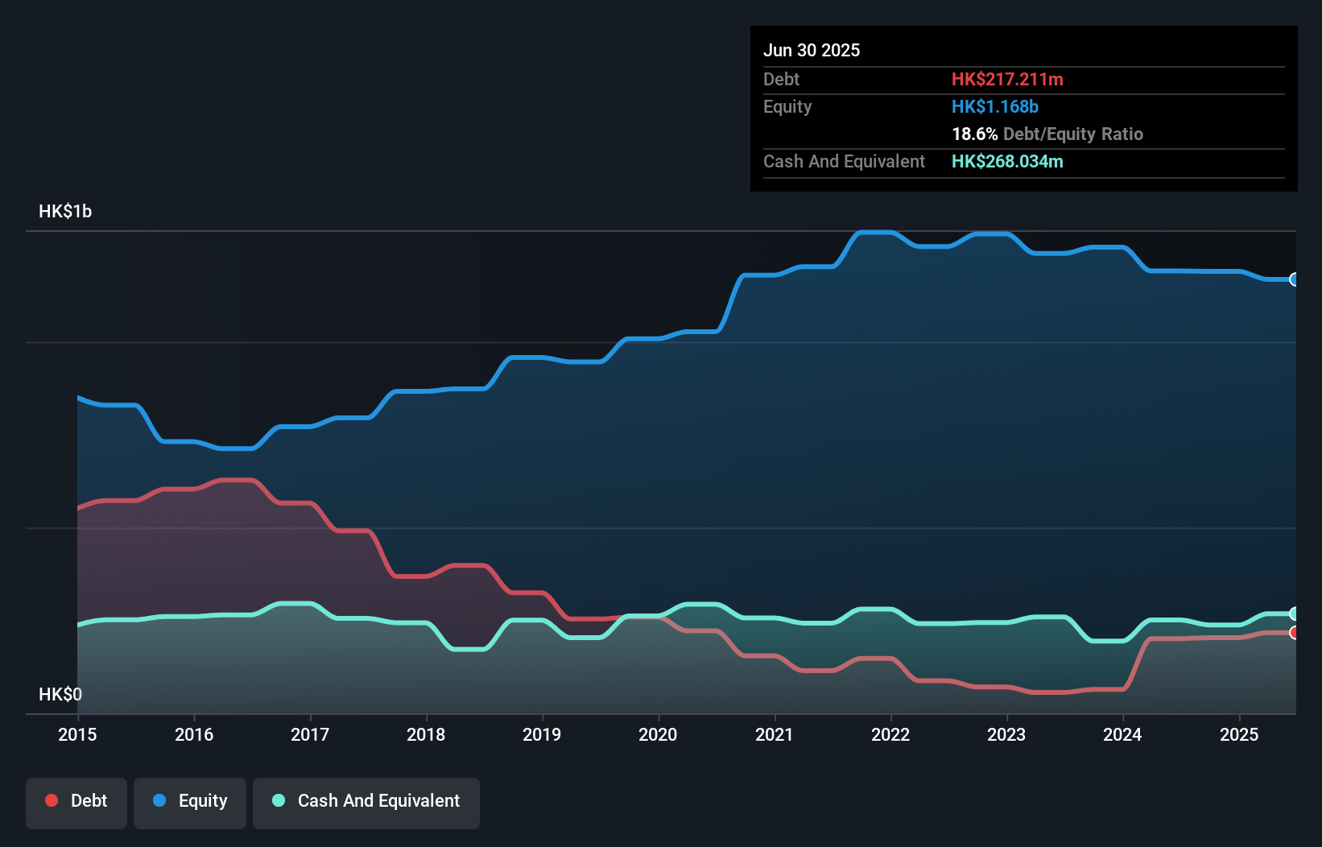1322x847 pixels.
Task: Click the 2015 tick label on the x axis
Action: (x=77, y=734)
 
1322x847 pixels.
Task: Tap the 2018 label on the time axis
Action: (x=426, y=734)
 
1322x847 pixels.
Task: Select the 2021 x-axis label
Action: (x=774, y=734)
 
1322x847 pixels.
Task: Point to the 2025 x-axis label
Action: (x=1238, y=734)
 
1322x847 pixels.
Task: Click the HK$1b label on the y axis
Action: (x=65, y=212)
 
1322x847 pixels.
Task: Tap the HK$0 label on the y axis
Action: (x=60, y=694)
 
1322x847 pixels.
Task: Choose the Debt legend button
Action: (x=76, y=801)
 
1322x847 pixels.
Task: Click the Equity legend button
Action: (x=190, y=801)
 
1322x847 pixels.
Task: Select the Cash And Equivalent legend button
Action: (x=366, y=801)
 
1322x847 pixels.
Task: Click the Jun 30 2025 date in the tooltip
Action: (x=812, y=50)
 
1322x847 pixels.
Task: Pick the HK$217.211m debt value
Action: (x=1007, y=79)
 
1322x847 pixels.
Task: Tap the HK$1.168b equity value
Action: (x=995, y=106)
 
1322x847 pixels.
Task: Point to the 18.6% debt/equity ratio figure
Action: (x=975, y=134)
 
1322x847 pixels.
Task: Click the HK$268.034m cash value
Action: (x=1007, y=161)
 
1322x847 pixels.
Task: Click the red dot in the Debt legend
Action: (x=52, y=800)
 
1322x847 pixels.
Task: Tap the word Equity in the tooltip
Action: (x=787, y=106)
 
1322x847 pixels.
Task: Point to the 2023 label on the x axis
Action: (x=1006, y=734)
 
